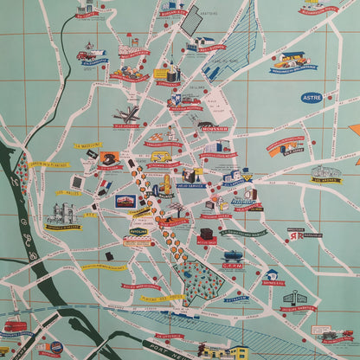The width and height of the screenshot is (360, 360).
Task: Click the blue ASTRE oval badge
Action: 312,98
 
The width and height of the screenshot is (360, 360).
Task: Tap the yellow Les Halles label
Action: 68,193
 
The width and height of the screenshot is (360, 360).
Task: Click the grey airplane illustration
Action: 126,115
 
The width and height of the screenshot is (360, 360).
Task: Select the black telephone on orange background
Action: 108,160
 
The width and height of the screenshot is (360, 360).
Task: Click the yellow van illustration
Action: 160,157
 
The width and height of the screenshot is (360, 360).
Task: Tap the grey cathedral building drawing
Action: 63,214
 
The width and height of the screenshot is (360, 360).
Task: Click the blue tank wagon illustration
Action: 233,256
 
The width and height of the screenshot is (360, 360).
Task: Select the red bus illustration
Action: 15,327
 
